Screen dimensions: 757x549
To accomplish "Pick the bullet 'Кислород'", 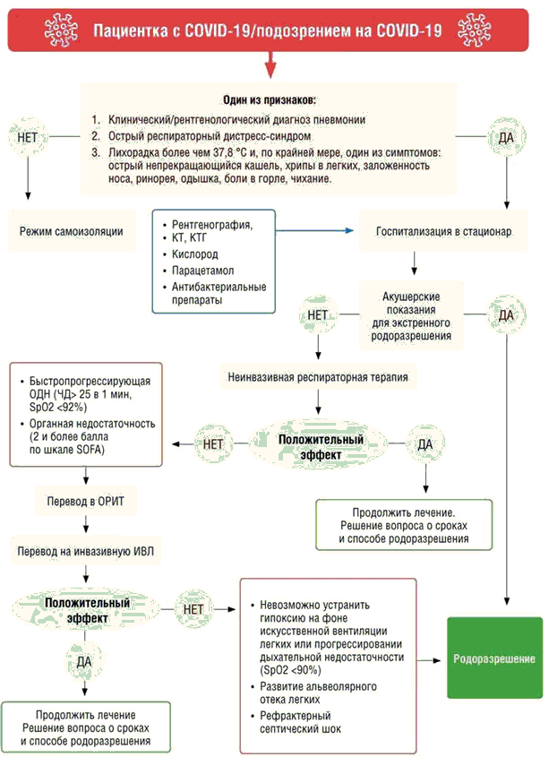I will coord(190,254).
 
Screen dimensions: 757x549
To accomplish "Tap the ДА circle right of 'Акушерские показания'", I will coord(505,314).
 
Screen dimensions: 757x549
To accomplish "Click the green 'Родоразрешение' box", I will coord(495,658).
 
